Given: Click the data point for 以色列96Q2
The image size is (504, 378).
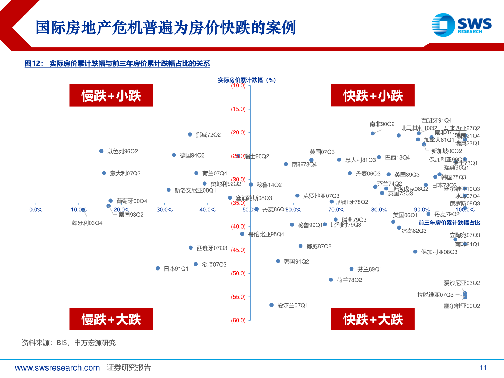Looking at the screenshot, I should click(x=101, y=151).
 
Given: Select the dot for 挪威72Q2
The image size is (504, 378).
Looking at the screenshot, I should click(x=190, y=134).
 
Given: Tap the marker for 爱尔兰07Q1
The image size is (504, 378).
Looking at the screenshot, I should click(x=272, y=305).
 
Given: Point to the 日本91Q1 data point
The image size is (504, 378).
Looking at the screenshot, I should click(x=158, y=268).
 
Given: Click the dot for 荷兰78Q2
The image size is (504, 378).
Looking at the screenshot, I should click(x=331, y=280).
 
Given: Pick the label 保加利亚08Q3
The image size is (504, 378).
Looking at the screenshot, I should click(x=439, y=252).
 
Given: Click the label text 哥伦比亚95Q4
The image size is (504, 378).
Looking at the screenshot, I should click(x=266, y=234).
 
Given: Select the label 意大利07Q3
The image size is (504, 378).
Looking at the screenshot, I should click(x=125, y=173).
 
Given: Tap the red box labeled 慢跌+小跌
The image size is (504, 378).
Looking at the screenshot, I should click(x=111, y=96).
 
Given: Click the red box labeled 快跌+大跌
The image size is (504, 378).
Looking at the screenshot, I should click(x=373, y=319).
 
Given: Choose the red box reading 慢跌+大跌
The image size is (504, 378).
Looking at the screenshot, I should click(x=111, y=319).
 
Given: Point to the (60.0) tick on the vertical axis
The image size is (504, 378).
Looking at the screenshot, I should click(x=238, y=320).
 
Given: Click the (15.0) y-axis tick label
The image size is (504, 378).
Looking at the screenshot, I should click(x=238, y=109).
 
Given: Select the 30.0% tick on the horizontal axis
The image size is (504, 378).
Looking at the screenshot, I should click(x=164, y=210).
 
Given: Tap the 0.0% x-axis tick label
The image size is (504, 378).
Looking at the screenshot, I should click(x=36, y=210).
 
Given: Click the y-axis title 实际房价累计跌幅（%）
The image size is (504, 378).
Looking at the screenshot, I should click(x=247, y=80).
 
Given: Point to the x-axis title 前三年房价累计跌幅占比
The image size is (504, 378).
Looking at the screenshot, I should click(x=449, y=223).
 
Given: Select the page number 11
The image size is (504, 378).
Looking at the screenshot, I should click(x=483, y=367).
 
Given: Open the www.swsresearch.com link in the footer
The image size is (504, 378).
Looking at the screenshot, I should click(x=57, y=367).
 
